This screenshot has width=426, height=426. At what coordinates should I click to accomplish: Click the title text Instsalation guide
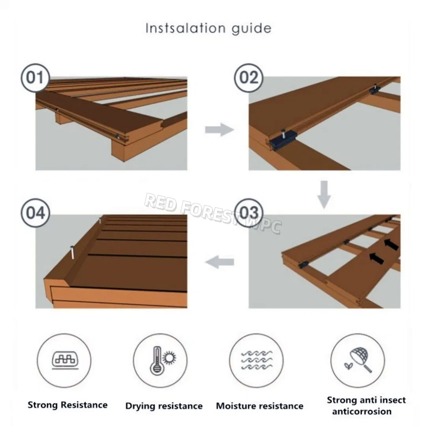(x=208, y=28)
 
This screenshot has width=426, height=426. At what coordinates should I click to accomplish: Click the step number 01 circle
(x=35, y=78)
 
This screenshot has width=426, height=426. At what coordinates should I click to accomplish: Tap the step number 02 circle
(x=248, y=78)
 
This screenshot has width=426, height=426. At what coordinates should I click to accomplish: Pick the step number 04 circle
(x=35, y=213)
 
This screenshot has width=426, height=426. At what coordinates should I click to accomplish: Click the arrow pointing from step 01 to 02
(x=219, y=129)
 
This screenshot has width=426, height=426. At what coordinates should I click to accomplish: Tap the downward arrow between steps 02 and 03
(x=324, y=194)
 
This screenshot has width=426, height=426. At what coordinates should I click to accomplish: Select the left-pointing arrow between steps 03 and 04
(x=220, y=262)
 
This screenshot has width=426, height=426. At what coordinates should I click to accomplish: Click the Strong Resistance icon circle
(x=64, y=361)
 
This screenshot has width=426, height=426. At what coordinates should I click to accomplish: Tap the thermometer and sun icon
(x=162, y=361)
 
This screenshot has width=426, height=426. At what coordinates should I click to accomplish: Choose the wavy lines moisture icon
(x=256, y=361)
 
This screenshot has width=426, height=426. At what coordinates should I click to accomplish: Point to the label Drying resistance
(x=164, y=406)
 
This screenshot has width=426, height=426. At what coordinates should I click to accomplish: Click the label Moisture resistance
(x=260, y=406)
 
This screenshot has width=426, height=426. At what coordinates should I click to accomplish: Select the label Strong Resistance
(x=67, y=405)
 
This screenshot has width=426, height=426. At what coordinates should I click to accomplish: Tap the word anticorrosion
(x=362, y=411)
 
